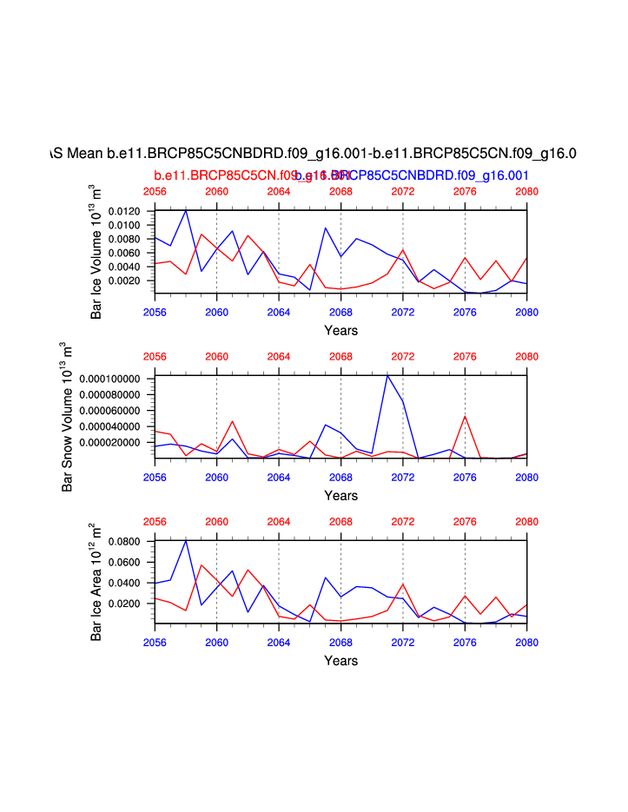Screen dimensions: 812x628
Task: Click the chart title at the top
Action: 314,154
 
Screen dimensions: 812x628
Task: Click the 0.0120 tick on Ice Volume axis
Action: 129,212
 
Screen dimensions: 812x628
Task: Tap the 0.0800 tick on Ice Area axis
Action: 129,541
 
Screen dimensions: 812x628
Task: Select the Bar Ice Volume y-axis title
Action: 96,252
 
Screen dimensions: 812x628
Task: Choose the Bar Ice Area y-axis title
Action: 96,583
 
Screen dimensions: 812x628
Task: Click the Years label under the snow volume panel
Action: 340,495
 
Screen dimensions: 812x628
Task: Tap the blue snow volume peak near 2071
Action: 387,375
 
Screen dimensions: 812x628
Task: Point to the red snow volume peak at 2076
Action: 465,416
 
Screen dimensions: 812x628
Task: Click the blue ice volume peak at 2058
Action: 186,211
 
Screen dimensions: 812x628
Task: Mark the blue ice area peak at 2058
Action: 186,541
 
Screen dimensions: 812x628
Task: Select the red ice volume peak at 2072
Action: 403,249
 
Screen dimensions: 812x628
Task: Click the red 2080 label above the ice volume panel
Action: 526,191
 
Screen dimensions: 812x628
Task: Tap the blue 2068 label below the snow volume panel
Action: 340,477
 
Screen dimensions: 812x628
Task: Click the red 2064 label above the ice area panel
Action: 278,522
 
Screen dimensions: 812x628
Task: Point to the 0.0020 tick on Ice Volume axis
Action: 129,281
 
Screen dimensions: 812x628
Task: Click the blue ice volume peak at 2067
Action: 325,228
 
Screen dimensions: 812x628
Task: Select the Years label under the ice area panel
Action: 340,661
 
